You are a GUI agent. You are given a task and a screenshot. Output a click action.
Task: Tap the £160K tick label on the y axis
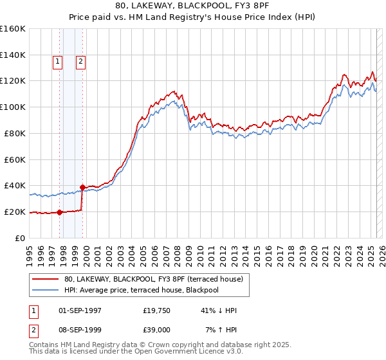click(13, 29)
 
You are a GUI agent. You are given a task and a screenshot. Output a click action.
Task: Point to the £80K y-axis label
click(15, 133)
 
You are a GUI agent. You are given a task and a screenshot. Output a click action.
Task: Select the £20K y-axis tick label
click(15, 212)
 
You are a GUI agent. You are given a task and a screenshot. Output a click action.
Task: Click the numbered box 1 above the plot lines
click(57, 62)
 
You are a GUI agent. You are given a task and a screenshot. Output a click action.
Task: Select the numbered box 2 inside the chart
click(80, 62)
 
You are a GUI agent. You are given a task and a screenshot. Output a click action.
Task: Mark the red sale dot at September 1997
click(59, 212)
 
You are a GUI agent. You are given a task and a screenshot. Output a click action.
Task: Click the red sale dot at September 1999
click(82, 187)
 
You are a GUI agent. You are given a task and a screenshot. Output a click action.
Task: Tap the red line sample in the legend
click(45, 279)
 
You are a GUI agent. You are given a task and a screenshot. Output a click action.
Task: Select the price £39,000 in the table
click(158, 330)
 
